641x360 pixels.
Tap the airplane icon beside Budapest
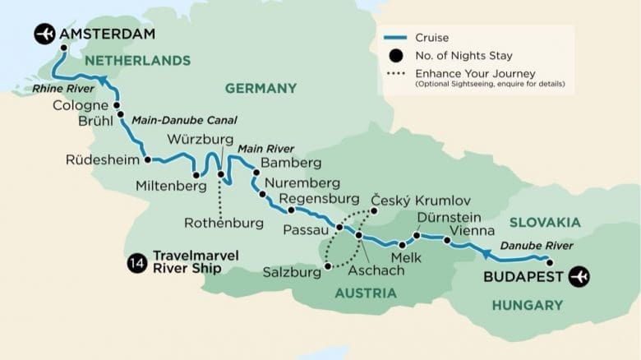click(579, 276)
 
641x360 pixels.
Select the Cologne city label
click(80, 106)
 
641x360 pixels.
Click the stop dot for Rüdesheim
click(147, 160)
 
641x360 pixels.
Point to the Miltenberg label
click(164, 187)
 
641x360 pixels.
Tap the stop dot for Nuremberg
click(262, 195)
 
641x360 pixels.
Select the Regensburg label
click(320, 199)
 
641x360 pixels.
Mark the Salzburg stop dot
click(327, 265)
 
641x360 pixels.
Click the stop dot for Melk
click(402, 245)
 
